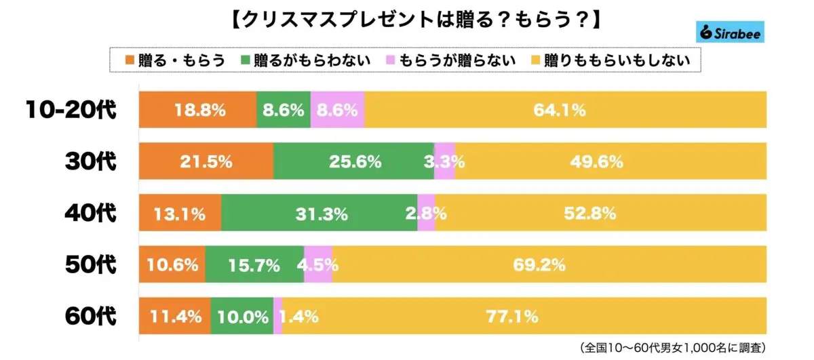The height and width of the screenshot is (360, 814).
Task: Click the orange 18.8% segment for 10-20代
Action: coord(197,110)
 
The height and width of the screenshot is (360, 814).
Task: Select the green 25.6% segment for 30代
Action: coord(353,161)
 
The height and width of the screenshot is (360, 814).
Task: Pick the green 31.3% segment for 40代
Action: coord(319,213)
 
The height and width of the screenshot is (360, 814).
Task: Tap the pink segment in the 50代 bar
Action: coord(318,264)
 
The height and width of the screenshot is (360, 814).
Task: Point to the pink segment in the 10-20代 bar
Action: coord(337,110)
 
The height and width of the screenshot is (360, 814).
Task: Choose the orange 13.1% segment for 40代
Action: coord(180,213)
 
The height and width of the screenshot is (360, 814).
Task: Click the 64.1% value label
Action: coord(559,110)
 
